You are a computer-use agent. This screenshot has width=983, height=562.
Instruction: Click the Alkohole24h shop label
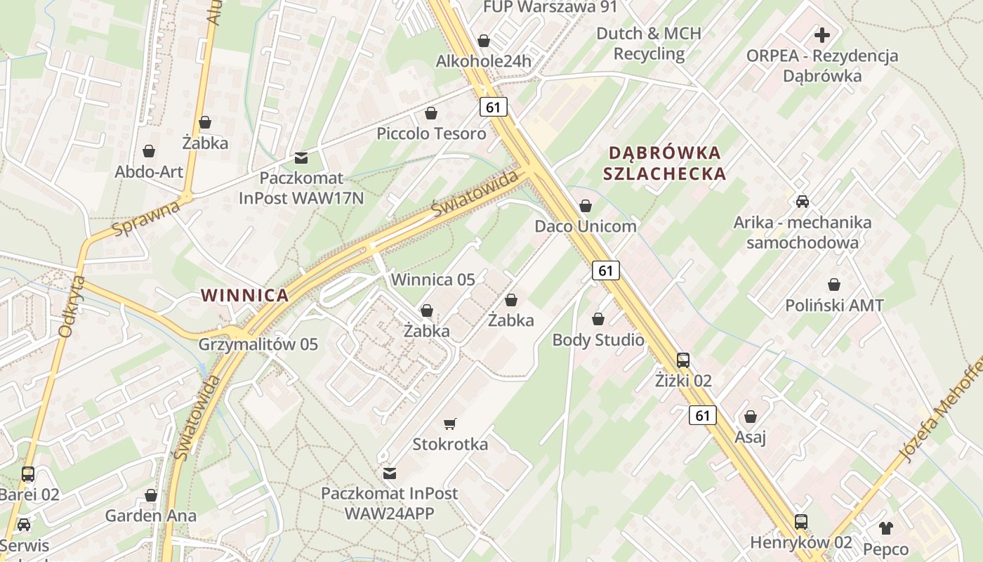pos(483,61)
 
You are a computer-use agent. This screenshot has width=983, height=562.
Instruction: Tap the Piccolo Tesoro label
pos(431,133)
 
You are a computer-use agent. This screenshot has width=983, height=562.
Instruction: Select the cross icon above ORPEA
pos(822,34)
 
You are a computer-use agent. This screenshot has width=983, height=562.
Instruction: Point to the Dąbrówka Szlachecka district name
pos(665,163)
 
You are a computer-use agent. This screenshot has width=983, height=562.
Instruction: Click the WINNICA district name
pos(245,296)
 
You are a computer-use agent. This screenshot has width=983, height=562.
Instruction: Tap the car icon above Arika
pos(802,202)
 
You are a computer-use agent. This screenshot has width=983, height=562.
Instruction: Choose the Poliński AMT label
pos(834,306)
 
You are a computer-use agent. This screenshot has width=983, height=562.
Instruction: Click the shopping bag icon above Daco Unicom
pos(585,206)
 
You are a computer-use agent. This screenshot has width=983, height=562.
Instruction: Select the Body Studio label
pos(598,340)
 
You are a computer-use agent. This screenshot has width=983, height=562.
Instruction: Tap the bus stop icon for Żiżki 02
pos(682,360)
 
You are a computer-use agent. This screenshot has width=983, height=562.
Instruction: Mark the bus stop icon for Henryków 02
pos(800,522)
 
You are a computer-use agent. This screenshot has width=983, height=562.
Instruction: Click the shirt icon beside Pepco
pos(885,528)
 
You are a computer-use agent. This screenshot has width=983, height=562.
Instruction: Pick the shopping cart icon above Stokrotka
pos(450,424)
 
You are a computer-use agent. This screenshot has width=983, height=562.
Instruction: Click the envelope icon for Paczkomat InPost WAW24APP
pos(389,473)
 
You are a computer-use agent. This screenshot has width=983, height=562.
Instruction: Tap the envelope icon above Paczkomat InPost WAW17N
pos(301,157)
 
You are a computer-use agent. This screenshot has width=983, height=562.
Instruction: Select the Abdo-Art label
pos(149,172)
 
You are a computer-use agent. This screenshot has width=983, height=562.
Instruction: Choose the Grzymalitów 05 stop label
pos(258,344)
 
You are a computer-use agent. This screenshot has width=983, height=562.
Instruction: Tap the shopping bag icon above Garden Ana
pos(150,496)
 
